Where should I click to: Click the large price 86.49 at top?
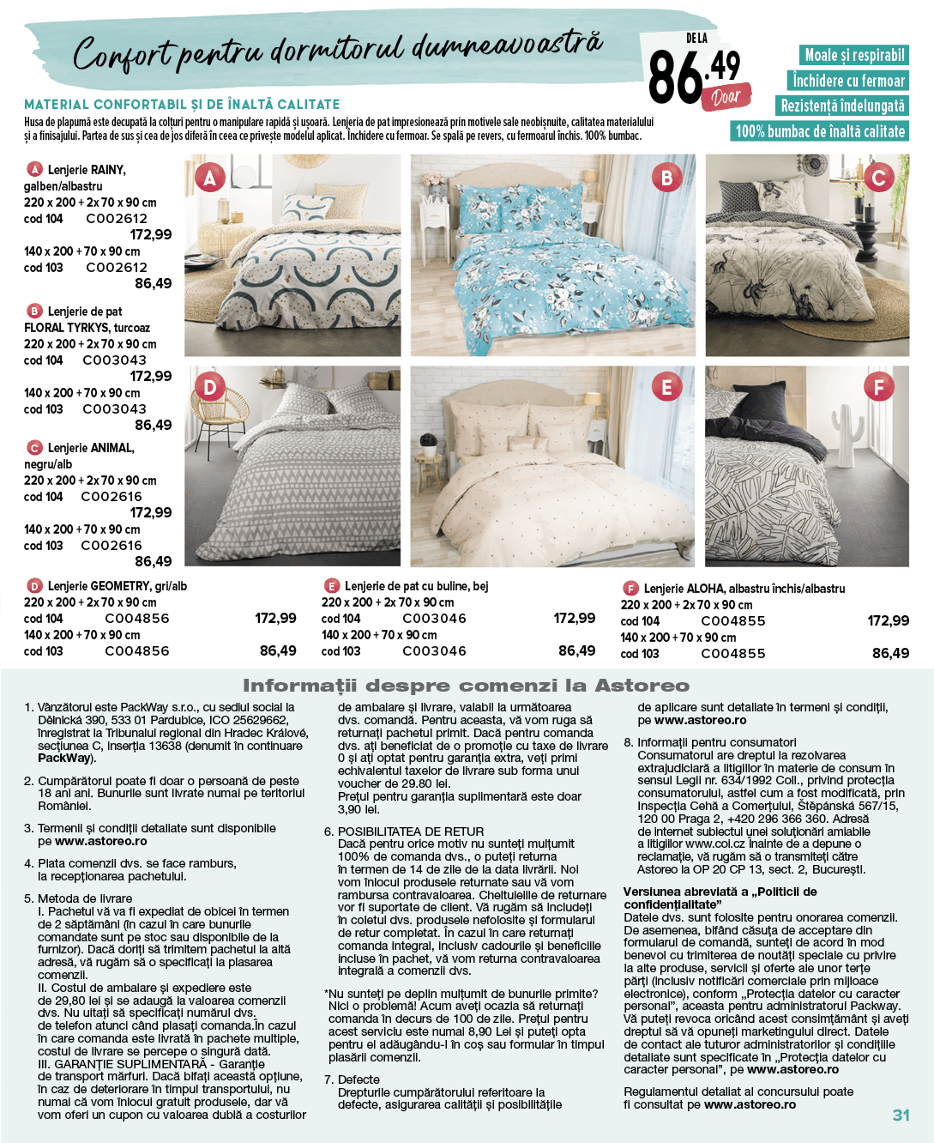coord(693,76)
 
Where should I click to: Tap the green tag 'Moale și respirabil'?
coord(853,55)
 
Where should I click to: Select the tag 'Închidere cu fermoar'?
coord(848,81)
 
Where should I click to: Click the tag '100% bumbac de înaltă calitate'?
coord(820,131)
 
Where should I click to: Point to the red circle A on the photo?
coord(209,178)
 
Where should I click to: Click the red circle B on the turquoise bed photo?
coord(666,178)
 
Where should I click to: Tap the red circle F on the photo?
coord(877,387)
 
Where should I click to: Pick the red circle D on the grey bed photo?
coord(209,387)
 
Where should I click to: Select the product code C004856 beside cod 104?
coord(137,619)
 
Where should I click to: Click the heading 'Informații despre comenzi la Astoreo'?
coord(466,686)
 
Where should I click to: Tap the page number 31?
coord(901,1115)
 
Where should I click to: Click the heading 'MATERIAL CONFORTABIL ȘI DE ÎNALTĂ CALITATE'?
coord(182,105)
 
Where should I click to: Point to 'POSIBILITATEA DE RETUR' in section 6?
coord(410,832)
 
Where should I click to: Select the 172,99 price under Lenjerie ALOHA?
coord(888,620)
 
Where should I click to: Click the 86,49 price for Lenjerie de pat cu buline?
coord(576,650)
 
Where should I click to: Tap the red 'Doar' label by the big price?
coord(726,97)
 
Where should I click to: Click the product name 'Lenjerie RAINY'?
coord(86,170)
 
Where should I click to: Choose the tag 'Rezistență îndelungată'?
coord(842,106)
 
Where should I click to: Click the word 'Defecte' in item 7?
coord(359,1079)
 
